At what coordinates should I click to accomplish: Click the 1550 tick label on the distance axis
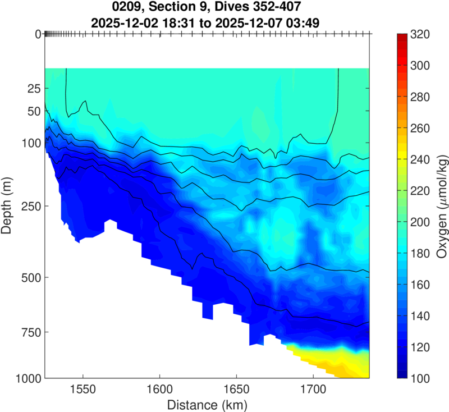pyautogui.click(x=83, y=388)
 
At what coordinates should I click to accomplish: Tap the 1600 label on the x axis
pyautogui.click(x=159, y=388)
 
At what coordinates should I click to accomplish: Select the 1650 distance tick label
pyautogui.click(x=236, y=388)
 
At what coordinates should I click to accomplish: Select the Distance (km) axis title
pyautogui.click(x=207, y=404)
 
